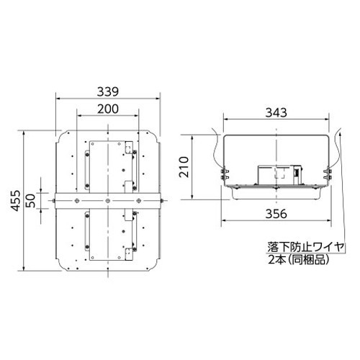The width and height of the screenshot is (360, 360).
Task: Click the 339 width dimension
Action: tap(108, 91)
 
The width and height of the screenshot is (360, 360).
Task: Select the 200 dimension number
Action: tap(108, 109)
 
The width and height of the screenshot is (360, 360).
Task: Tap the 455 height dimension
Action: tap(16, 201)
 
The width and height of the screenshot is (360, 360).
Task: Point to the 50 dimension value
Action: tap(31, 201)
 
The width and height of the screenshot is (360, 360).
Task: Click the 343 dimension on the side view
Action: tap(276, 112)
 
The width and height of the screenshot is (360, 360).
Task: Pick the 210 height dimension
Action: tap(184, 167)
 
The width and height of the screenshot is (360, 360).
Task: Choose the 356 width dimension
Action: tap(276, 214)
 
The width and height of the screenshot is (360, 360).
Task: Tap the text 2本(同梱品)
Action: tap(298, 260)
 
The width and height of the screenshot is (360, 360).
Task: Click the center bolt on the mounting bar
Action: tap(108, 201)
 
